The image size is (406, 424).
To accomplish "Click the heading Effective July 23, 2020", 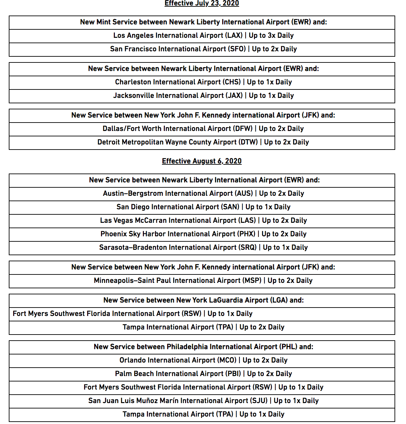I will tap(202, 3).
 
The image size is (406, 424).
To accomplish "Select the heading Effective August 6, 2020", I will tap(202, 161).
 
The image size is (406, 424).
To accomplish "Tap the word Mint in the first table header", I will tap(103, 22).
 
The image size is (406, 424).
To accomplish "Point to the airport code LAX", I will tap(235, 35).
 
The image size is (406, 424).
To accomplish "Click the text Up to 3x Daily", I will tap(271, 35).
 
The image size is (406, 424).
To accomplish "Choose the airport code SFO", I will tap(238, 49).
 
